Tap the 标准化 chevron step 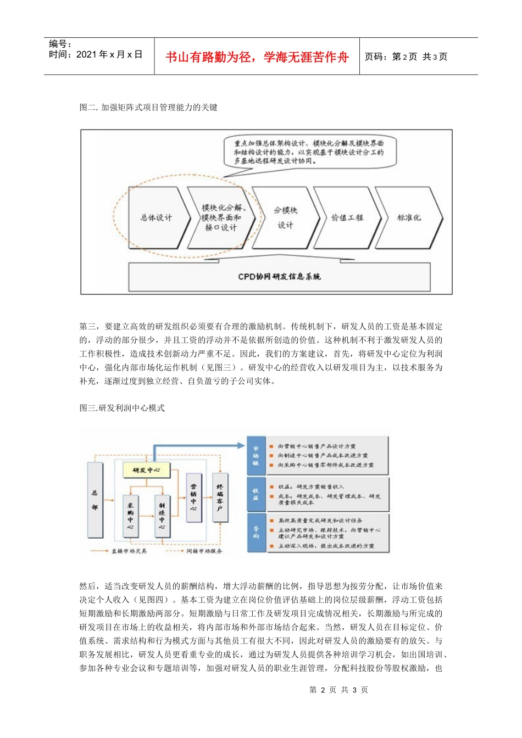coord(409,218)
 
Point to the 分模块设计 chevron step coord(285,218)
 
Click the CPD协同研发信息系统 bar coord(279,277)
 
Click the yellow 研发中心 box coord(147,471)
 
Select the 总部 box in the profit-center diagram coord(95,500)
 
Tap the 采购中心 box coord(131,516)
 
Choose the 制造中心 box coord(162,516)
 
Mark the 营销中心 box coord(193,497)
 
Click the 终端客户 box coord(220,497)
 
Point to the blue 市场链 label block coord(256,456)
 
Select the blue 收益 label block coord(256,494)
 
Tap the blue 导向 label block coord(256,533)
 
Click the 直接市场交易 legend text coord(129,551)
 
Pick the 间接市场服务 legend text coord(204,551)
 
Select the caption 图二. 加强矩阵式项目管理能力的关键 coord(148,107)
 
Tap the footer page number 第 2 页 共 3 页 coord(338,690)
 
